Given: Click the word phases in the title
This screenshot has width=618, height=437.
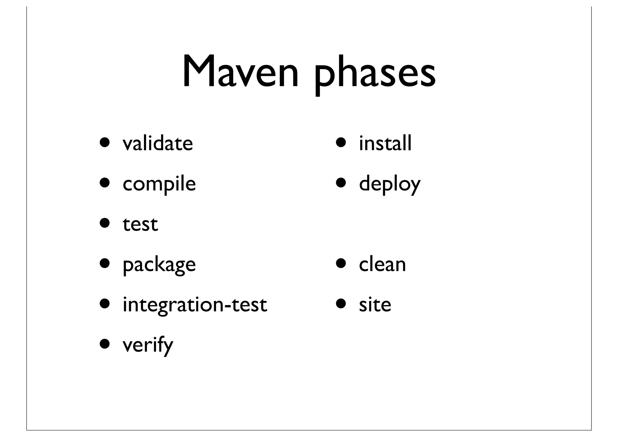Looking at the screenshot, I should (375, 74).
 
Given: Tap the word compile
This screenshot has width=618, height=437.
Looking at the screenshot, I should (159, 184).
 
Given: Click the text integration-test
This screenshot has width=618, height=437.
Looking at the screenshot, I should (195, 305).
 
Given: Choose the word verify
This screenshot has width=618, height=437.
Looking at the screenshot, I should (148, 345).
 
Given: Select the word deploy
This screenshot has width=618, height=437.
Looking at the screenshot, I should (390, 184).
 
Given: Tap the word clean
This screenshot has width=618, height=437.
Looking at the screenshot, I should (382, 265).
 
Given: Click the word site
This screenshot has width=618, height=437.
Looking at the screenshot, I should (375, 305).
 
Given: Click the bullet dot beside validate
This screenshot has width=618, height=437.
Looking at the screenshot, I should (105, 142).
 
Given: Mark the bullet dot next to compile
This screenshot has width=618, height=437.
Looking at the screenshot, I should (105, 183).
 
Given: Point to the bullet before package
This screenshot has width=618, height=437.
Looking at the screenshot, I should (105, 263).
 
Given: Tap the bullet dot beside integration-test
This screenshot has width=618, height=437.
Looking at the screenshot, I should (105, 303).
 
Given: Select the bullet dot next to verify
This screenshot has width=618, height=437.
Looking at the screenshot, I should (105, 343).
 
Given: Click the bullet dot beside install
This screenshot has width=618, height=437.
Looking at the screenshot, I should (342, 142).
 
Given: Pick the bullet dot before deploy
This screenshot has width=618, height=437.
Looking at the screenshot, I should (342, 183).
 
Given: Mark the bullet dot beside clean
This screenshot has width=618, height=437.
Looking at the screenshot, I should (342, 263).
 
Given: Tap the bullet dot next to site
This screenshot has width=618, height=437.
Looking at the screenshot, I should (342, 303).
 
